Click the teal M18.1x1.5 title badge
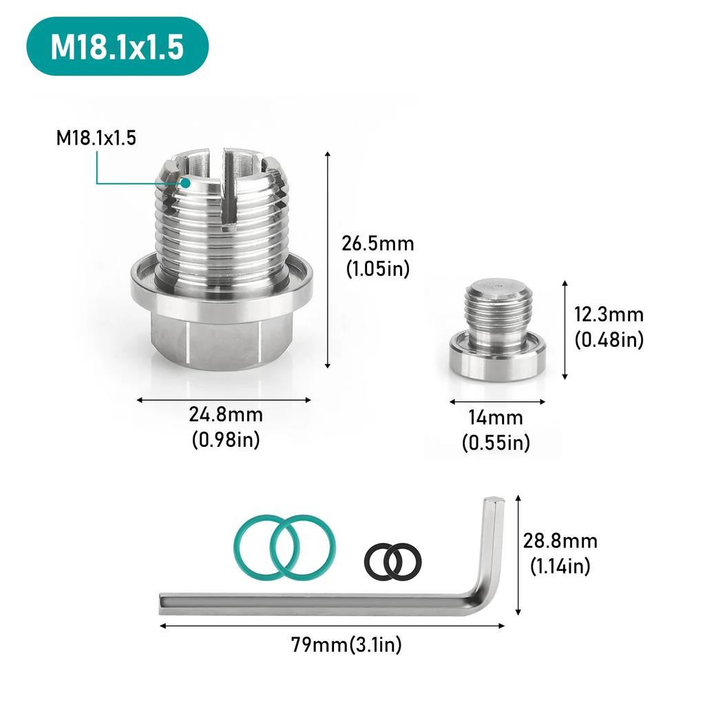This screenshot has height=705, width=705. [117, 46]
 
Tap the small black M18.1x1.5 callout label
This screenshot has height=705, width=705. [96, 138]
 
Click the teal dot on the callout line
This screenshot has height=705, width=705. [185, 183]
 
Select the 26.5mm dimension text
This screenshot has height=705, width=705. [377, 244]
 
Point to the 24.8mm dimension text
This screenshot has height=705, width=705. [226, 415]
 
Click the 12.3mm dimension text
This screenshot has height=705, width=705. [609, 315]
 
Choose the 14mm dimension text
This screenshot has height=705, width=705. [496, 418]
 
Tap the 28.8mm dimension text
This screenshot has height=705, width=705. [560, 541]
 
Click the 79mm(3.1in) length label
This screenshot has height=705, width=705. [346, 645]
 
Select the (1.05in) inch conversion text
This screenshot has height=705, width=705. [377, 269]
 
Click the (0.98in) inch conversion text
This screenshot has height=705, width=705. [226, 440]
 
